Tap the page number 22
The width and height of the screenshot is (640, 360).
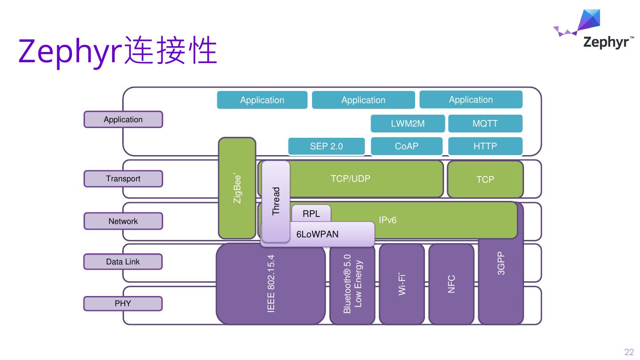629,352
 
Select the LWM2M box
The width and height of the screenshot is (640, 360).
408,124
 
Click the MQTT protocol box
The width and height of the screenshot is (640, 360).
485,124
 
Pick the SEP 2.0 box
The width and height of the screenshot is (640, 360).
326,146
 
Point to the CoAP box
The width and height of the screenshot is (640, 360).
407,146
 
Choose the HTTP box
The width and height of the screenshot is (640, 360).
485,146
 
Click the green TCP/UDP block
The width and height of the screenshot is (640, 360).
350,179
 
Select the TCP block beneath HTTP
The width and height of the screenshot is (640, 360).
485,179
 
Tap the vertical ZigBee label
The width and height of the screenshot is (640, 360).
237,188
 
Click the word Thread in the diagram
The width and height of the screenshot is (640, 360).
276,201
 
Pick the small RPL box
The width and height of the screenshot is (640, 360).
311,214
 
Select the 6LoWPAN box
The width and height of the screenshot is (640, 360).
317,234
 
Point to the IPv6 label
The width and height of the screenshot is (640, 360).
388,220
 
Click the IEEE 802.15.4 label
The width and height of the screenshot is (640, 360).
271,284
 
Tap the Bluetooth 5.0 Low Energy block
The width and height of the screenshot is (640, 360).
353,284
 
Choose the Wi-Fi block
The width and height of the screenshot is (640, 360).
402,284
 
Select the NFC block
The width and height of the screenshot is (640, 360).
451,284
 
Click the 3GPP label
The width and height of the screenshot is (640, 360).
501,264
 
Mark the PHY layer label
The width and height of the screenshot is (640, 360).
123,304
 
